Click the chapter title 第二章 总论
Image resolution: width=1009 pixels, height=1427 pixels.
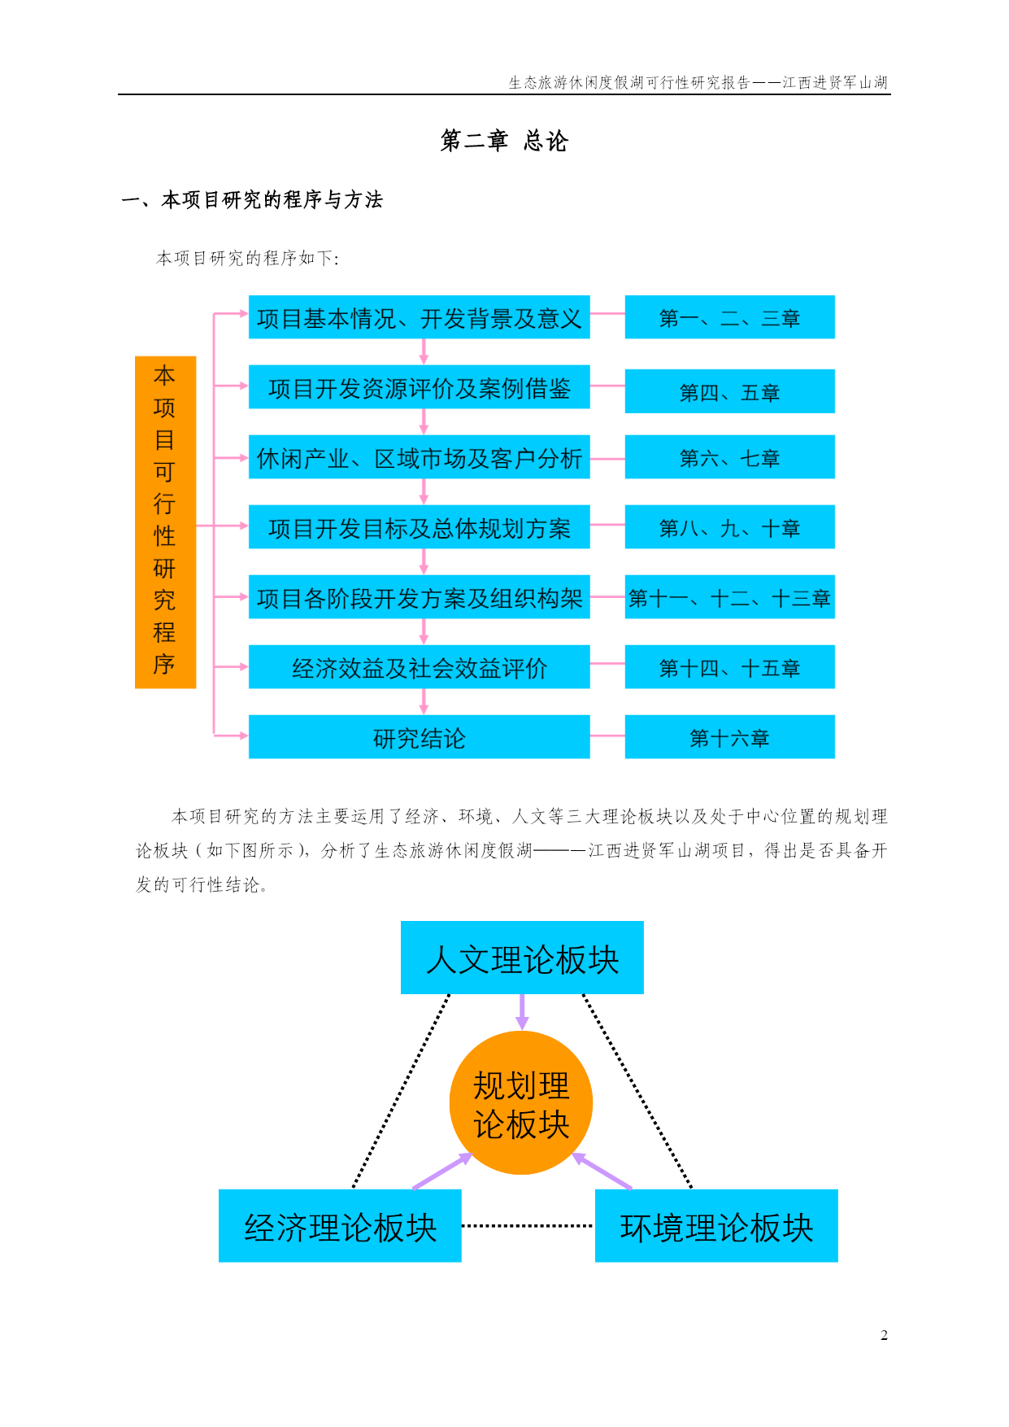504,141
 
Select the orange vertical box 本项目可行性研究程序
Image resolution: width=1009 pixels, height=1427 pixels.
165,521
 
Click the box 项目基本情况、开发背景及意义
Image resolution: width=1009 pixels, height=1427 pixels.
419,317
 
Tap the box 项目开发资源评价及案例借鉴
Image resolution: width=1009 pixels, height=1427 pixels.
419,387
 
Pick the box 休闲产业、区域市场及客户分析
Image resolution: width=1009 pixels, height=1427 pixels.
419,457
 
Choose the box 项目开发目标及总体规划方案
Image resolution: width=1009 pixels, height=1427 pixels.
419,527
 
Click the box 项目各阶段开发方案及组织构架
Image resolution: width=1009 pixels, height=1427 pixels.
419,597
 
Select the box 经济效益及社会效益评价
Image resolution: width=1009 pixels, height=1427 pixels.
419,667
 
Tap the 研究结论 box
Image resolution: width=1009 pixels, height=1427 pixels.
419,737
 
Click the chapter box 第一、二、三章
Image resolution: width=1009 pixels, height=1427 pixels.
729,317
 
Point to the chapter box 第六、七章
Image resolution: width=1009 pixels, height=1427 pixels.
729,457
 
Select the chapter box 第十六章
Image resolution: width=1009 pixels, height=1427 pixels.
729,737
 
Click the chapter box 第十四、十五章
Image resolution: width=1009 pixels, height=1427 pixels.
729,667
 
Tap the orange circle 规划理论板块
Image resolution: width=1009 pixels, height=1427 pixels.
521,1103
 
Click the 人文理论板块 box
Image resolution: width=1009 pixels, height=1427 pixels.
522,958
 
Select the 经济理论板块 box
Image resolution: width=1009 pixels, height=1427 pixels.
340,1226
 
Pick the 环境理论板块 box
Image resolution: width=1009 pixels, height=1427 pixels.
716,1226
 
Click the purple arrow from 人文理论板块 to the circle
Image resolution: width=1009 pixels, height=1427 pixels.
522,1012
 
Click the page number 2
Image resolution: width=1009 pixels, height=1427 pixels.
884,1335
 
